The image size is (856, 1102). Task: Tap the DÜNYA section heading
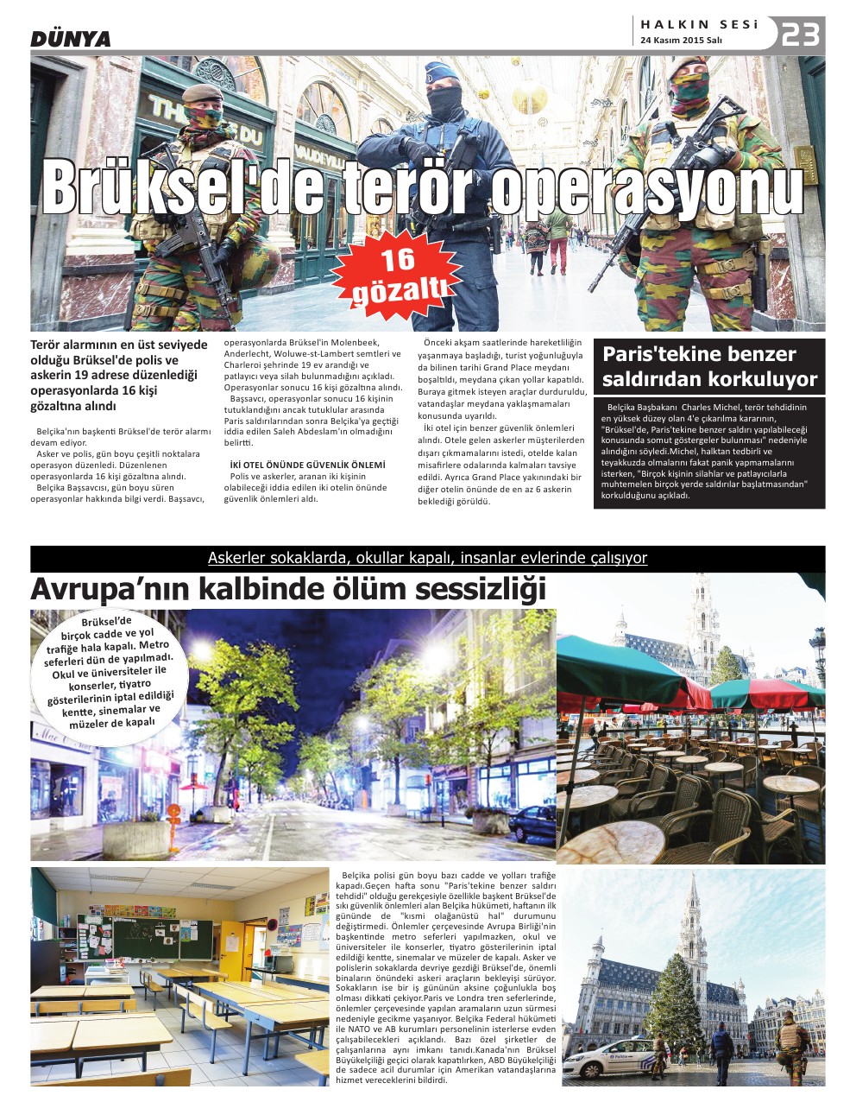tap(71, 39)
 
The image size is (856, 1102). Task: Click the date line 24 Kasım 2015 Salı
tap(681, 41)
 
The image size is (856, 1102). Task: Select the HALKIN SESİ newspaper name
tap(699, 25)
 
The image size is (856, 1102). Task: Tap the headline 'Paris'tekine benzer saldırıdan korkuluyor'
tap(708, 366)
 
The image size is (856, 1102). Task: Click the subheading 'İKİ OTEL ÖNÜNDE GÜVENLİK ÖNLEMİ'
tap(307, 465)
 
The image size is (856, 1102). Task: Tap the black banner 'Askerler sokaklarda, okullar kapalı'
tap(427, 558)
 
